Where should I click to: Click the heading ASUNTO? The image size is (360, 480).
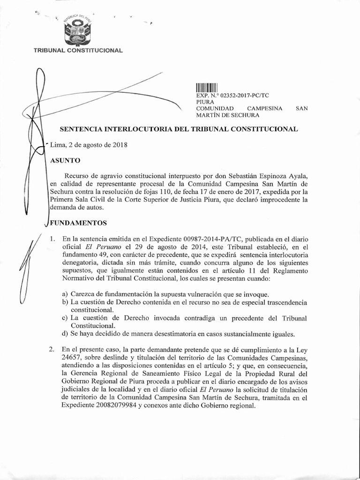click(x=65, y=160)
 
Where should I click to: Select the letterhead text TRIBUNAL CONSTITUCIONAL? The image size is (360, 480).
click(x=78, y=50)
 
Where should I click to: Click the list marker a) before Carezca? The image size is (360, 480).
click(x=64, y=294)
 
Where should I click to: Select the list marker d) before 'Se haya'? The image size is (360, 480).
click(x=64, y=334)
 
